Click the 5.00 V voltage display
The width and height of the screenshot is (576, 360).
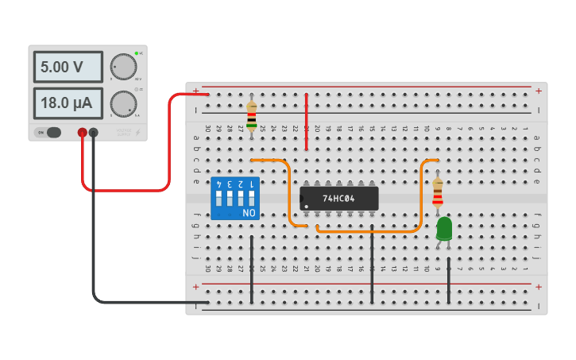pyautogui.click(x=68, y=68)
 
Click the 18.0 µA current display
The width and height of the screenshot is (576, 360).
pyautogui.click(x=68, y=103)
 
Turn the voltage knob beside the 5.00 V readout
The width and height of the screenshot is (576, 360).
pyautogui.click(x=123, y=67)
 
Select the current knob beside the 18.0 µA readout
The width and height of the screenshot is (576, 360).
pyautogui.click(x=123, y=103)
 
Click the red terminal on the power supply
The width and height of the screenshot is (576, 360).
pyautogui.click(x=82, y=132)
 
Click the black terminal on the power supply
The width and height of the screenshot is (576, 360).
pyautogui.click(x=94, y=132)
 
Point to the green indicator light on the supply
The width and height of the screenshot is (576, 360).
pyautogui.click(x=137, y=53)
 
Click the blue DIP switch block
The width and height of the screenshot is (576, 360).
pyautogui.click(x=234, y=199)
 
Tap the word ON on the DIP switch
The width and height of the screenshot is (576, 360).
pyautogui.click(x=249, y=213)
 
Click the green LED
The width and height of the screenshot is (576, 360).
pyautogui.click(x=444, y=229)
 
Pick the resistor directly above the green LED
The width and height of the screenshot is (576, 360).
pyautogui.click(x=438, y=192)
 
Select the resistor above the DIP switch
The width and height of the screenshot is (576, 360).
pyautogui.click(x=252, y=115)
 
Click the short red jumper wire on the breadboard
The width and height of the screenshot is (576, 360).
pyautogui.click(x=307, y=121)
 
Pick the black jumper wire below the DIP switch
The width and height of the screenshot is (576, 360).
pyautogui.click(x=252, y=270)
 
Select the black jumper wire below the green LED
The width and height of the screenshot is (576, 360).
pyautogui.click(x=449, y=280)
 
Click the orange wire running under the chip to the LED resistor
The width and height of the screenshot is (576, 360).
pyautogui.click(x=369, y=232)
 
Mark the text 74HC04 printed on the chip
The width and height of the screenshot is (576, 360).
pyautogui.click(x=339, y=198)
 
